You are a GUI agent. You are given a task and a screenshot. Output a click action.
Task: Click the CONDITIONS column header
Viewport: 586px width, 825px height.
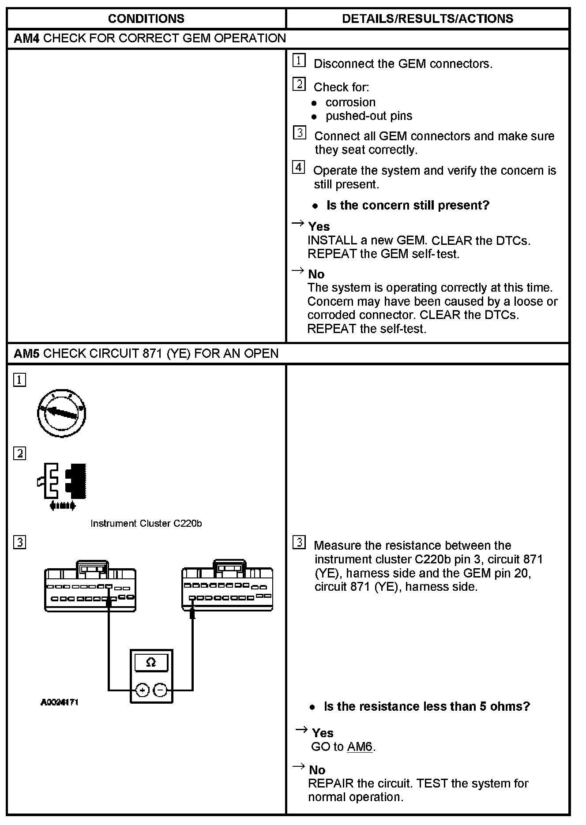coord(146,19)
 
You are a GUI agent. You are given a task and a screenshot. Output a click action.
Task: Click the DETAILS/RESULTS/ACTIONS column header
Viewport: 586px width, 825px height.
coord(427,19)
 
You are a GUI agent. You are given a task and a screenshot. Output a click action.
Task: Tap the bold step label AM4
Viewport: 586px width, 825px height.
coord(26,38)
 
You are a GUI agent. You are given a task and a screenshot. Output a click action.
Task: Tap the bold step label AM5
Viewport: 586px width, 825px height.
coord(26,353)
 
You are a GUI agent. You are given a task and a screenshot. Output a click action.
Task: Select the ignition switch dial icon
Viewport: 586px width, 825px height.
coord(61,413)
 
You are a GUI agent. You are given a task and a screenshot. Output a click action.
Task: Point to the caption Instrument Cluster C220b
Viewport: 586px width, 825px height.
coord(146,523)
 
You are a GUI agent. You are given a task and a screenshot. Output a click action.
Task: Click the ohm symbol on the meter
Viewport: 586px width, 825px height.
coord(151,663)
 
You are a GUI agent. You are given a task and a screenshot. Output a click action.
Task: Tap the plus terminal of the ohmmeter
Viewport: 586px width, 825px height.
coord(142,690)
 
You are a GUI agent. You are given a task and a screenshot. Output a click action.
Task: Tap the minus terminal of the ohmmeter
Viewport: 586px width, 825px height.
coord(161,690)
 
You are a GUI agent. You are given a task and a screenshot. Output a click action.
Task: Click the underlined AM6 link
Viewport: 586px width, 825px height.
coord(360,747)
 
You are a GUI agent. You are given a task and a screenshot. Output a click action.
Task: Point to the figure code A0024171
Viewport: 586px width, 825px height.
coord(59,702)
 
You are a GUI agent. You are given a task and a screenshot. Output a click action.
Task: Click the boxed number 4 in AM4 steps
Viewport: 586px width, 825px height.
coord(299,168)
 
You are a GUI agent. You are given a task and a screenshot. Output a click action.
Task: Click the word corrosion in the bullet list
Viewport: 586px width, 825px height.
coord(350,102)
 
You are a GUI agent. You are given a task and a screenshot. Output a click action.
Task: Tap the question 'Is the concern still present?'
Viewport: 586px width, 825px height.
coord(408,205)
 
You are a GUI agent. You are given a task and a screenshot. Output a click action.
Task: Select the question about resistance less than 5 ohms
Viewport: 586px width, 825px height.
coord(427,706)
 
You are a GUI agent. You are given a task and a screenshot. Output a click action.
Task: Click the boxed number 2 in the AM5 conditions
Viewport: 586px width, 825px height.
coord(20,454)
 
